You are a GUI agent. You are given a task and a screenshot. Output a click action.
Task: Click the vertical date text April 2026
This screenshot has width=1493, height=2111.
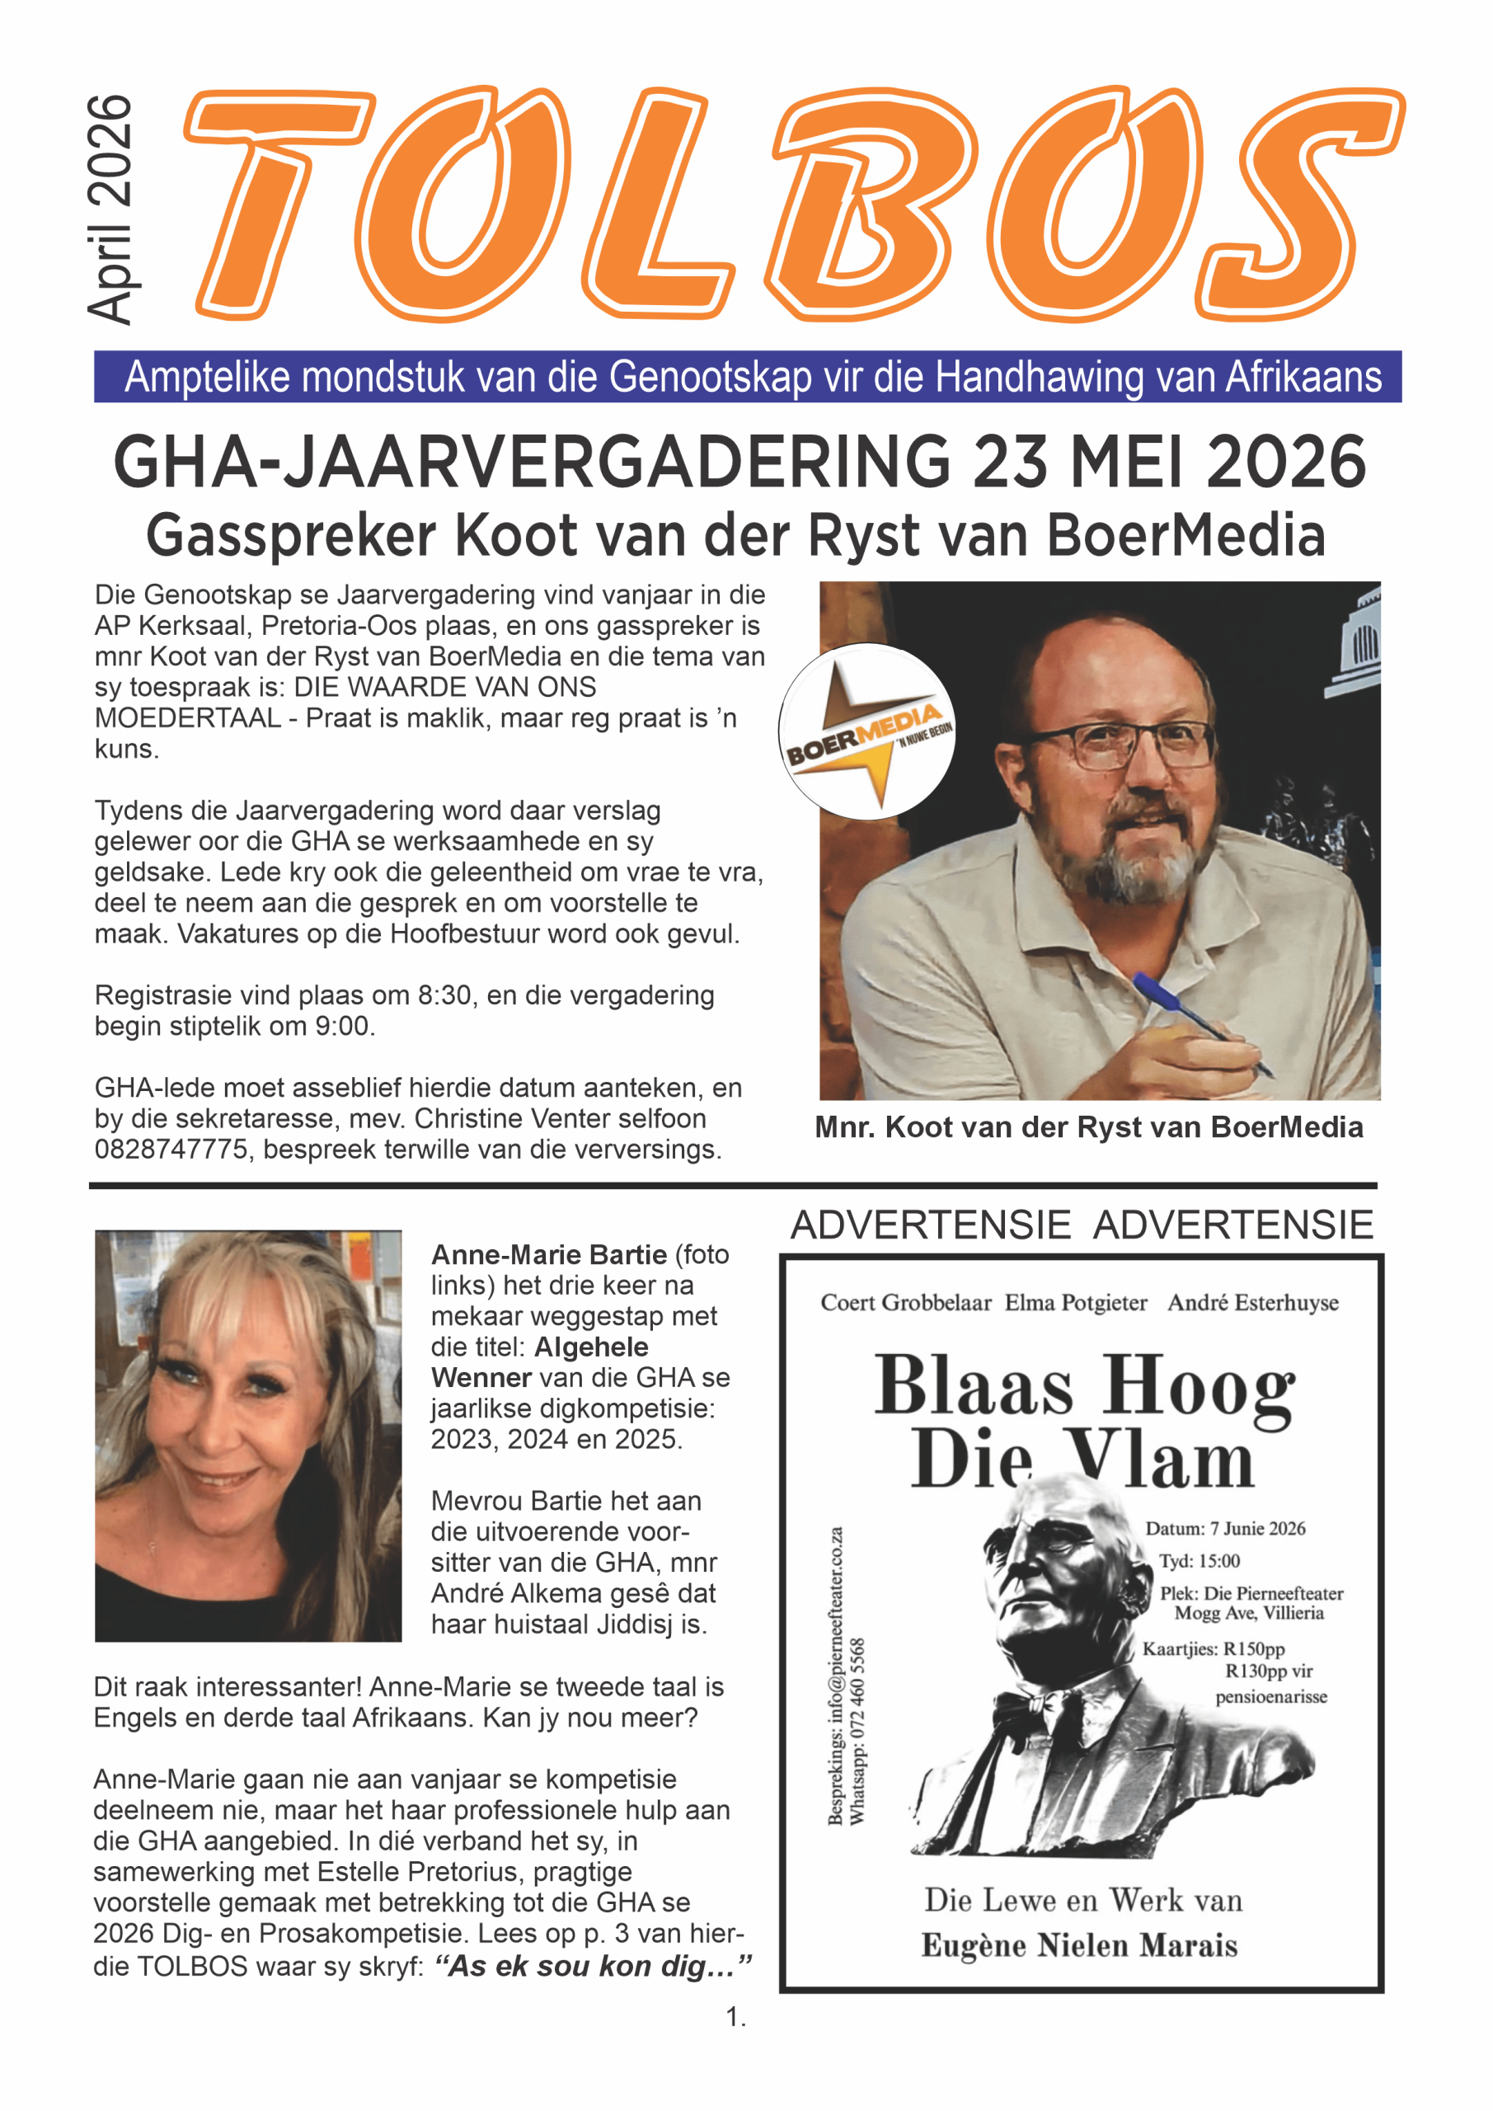click(x=110, y=209)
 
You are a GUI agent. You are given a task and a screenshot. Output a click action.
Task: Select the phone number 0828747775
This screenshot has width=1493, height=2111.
click(x=171, y=1150)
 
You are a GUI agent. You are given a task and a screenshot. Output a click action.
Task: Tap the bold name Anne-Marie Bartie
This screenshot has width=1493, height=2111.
click(x=549, y=1254)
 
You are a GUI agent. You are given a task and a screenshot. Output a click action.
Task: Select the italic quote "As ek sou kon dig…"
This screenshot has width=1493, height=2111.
click(x=594, y=1966)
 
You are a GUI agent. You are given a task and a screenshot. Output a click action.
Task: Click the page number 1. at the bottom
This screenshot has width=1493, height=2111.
click(x=735, y=2017)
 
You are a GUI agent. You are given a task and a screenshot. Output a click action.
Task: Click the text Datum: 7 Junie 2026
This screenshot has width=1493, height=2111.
click(x=1224, y=1528)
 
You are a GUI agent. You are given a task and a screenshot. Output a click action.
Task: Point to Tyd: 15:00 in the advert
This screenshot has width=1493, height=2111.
click(x=1199, y=1560)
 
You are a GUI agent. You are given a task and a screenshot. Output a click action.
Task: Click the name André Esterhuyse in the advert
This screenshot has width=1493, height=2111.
click(x=1252, y=1303)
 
